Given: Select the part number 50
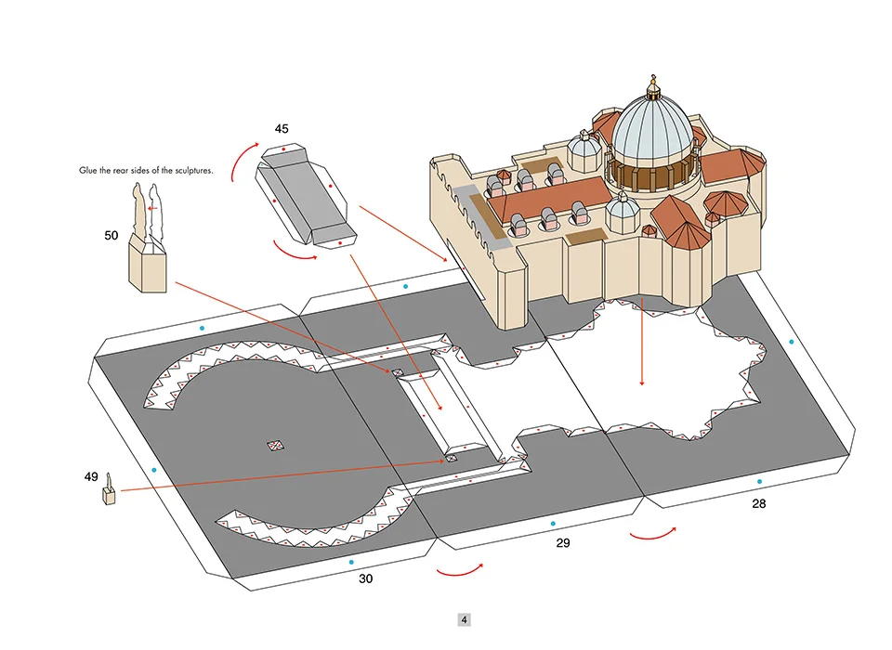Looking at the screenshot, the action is click(111, 236).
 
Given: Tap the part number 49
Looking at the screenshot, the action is click(90, 477).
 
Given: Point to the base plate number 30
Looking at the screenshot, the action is click(365, 578).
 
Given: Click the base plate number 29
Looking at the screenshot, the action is click(562, 542).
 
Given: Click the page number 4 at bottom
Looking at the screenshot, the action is click(464, 619).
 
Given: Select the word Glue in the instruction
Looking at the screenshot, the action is click(88, 172).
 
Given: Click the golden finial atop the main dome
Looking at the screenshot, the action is click(653, 84).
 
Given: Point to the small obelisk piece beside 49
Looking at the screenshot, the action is click(110, 491).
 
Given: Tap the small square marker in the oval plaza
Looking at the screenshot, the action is click(275, 446).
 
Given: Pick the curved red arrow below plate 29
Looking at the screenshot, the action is click(459, 567).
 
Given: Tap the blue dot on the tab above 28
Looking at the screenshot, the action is click(792, 342).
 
